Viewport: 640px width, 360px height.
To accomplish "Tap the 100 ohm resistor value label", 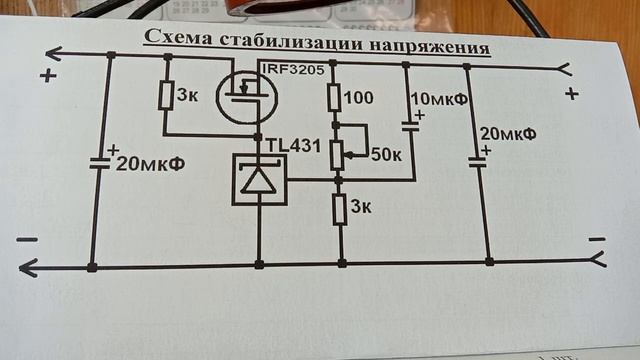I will tap(360, 98).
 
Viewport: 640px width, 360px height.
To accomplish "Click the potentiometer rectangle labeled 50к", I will tap(338, 153).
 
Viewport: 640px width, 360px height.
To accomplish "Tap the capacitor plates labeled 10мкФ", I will tap(409, 127).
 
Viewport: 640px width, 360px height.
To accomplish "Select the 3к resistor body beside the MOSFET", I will tap(167, 95).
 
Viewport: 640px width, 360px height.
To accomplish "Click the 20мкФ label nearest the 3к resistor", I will tap(149, 165).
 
